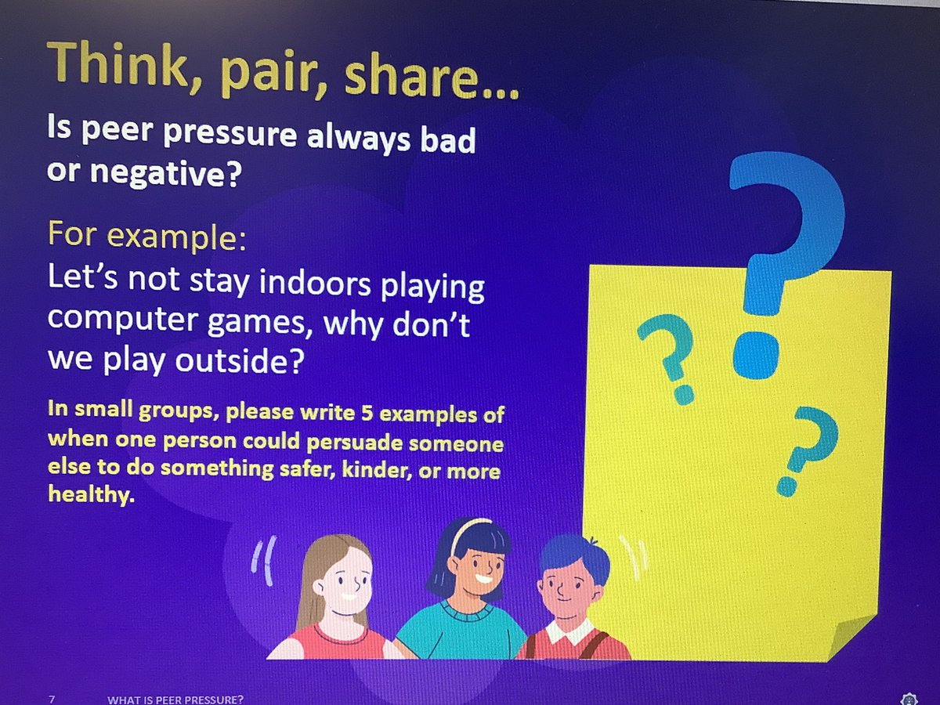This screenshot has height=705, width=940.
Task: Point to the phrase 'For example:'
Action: tap(147, 235)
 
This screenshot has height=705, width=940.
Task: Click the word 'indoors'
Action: tap(313, 284)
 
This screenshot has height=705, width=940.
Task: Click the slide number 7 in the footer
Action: tap(52, 697)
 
